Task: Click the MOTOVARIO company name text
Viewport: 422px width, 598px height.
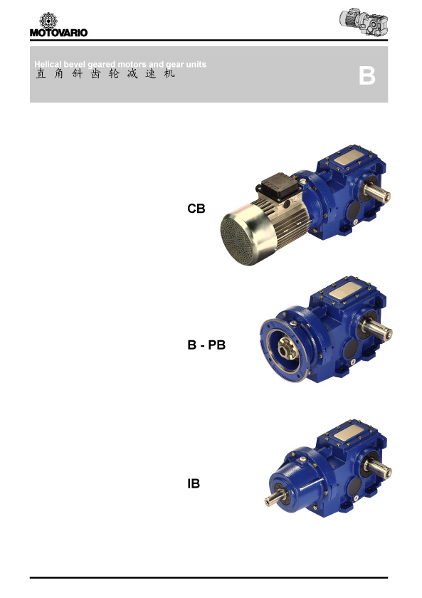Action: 58,33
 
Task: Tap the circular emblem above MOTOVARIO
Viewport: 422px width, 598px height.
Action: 48,20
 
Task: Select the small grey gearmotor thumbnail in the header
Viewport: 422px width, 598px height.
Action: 364,22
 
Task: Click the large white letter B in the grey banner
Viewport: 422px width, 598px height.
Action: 366,75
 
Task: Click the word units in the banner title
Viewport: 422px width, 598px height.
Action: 196,64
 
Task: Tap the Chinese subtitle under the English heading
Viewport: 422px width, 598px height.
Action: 105,73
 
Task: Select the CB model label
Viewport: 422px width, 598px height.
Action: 196,209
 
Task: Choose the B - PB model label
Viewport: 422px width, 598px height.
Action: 206,345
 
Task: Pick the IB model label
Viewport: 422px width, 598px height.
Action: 194,483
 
